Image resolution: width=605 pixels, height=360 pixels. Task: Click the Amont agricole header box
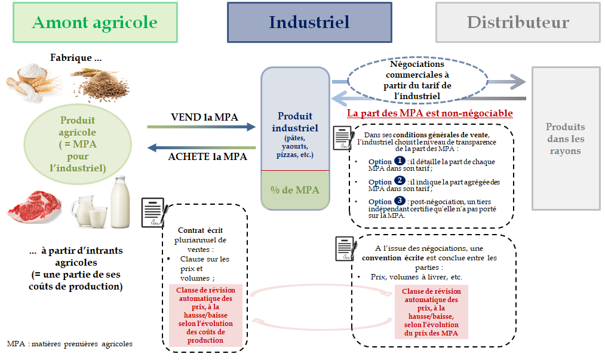[95, 23]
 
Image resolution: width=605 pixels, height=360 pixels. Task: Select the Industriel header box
[309, 23]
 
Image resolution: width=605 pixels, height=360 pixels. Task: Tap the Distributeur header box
[518, 23]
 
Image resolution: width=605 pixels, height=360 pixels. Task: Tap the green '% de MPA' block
[295, 190]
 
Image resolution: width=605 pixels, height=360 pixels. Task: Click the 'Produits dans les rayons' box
[566, 139]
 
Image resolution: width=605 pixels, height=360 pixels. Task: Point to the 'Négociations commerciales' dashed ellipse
[416, 80]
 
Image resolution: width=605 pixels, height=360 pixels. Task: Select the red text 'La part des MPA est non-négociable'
[430, 113]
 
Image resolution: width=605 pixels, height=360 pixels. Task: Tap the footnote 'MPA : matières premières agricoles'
[70, 344]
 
